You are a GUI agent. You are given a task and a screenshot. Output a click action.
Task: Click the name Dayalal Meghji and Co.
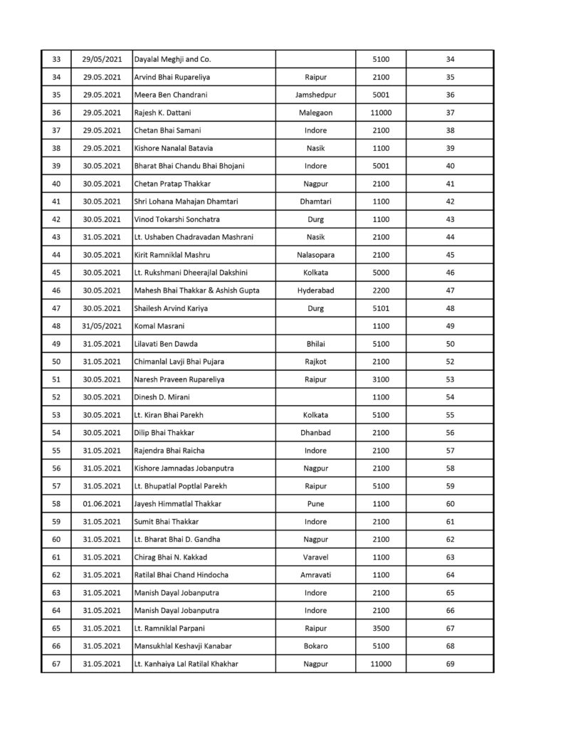pos(173,59)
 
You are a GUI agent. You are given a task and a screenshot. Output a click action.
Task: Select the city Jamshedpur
pos(315,95)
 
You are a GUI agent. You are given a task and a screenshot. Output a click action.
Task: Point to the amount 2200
pos(381,290)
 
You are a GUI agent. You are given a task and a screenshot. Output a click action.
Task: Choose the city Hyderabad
pos(315,290)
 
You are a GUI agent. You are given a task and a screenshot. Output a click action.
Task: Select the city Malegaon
pos(315,112)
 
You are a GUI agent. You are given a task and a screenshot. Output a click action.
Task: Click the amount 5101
pos(381,308)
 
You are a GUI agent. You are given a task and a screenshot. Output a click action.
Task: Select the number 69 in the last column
pos(450,664)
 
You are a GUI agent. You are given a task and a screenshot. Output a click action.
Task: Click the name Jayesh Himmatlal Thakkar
pos(178,504)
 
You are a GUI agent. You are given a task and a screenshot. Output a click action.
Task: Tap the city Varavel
pos(315,557)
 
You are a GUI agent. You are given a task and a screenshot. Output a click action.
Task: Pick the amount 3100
pos(381,379)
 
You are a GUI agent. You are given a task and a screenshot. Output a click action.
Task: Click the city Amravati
pos(315,575)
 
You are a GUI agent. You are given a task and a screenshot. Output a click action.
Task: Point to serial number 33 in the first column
pos(56,59)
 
